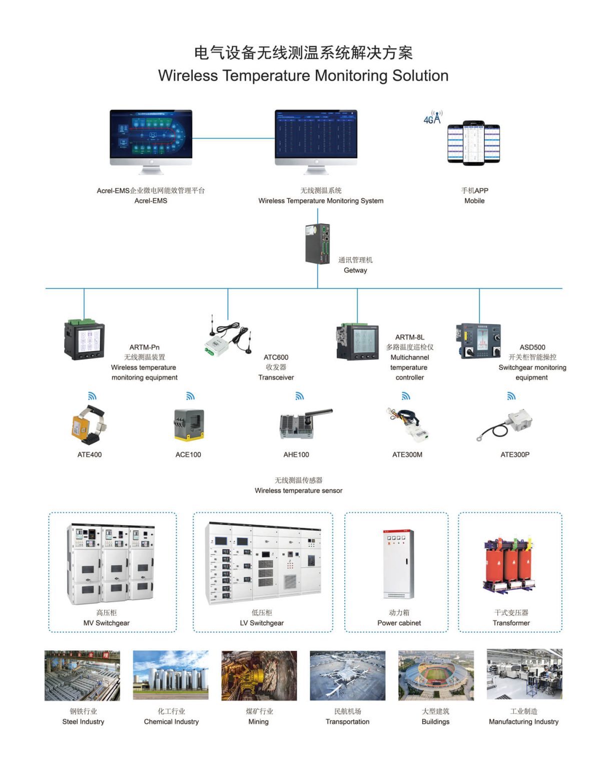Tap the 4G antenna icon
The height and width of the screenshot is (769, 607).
coord(433,118)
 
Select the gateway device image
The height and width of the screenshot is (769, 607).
coord(318,244)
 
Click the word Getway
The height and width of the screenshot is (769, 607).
coord(355,270)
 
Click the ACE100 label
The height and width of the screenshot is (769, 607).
coord(188,455)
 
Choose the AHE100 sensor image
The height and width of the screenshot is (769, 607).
coord(303,424)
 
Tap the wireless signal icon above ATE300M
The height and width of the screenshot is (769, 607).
coord(406,396)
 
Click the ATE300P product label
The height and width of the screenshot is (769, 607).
coord(515,455)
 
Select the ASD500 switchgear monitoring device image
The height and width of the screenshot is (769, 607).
coord(478,341)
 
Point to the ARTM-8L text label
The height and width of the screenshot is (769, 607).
coord(409,337)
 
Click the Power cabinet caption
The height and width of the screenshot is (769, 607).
coord(399,623)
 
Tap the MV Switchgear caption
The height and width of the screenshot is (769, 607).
coord(106,623)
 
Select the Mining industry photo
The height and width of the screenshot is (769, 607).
coord(259,675)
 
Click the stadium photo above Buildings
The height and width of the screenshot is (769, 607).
coord(435,675)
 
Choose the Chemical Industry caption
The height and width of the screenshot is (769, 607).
coord(171,721)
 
